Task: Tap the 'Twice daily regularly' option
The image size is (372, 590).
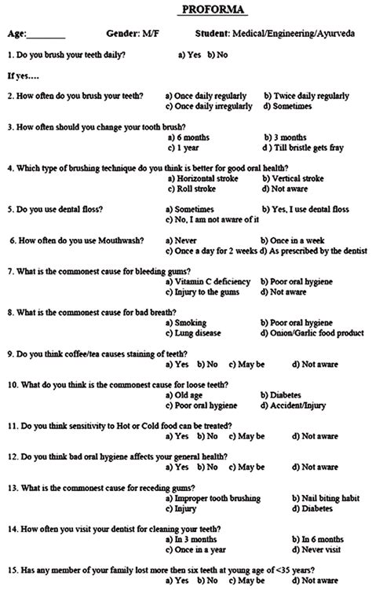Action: tap(312, 96)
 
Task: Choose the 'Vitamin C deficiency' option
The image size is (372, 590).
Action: tap(213, 281)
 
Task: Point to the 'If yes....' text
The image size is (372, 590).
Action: tap(24, 76)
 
